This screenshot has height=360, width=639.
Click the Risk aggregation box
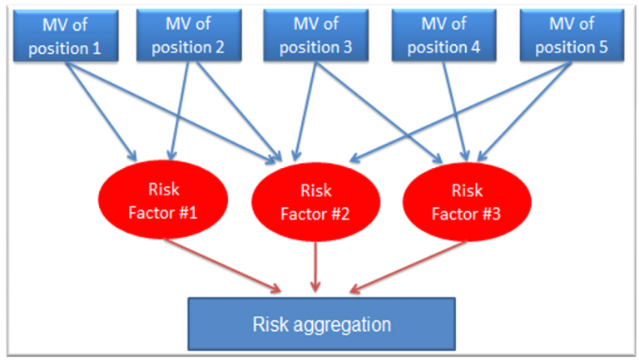pos(321,323)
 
